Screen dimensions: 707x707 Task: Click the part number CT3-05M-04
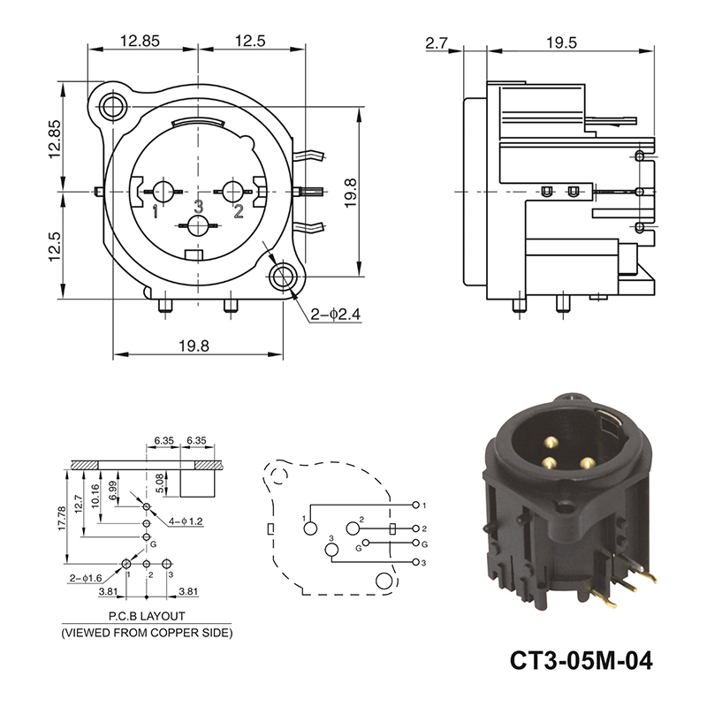coord(581,660)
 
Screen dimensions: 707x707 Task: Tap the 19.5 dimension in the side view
coord(561,42)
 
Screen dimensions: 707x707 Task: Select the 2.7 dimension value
coord(436,42)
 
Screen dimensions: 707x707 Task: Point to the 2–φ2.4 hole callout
coord(336,314)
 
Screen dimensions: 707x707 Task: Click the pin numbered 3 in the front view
coord(197,225)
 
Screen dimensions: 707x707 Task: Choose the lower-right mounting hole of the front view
coord(283,277)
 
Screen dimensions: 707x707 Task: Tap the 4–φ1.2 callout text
coord(186,521)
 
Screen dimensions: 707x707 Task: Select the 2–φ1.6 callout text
coord(86,579)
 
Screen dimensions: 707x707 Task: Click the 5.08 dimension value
coord(160,483)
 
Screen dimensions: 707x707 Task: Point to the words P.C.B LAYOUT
coord(147,616)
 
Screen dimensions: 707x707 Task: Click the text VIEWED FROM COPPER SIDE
coord(147,633)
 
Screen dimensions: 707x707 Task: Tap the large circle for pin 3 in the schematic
coord(331,550)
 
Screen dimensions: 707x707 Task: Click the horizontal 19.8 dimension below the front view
coord(194,346)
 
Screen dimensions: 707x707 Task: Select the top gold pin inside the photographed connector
coord(551,443)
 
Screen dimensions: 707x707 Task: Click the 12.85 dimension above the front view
coord(140,41)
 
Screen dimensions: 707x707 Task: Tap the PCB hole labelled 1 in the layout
coord(126,563)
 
